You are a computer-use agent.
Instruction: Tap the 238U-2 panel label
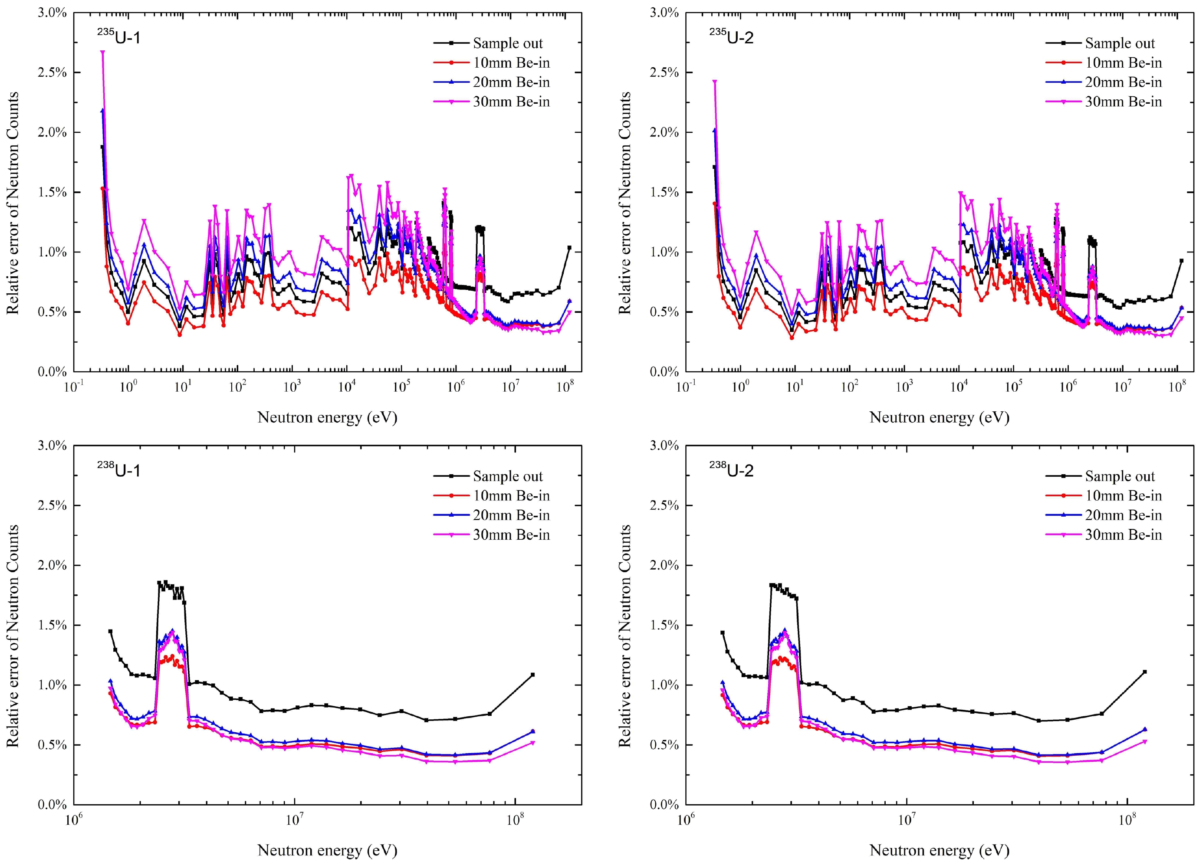(731, 470)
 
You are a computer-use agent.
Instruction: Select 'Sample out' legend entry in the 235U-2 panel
(1119, 43)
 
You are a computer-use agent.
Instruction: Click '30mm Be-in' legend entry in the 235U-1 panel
(510, 102)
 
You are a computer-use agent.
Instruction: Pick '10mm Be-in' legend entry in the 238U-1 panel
(510, 495)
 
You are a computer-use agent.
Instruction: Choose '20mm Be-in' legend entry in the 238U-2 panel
(1123, 515)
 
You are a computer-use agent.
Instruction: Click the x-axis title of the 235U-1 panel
(327, 418)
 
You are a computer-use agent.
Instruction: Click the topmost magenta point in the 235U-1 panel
(103, 52)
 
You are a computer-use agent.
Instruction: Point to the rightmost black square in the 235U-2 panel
(1181, 260)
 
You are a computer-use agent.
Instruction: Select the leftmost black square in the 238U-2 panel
(723, 633)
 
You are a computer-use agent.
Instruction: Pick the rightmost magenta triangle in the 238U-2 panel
(1145, 742)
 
